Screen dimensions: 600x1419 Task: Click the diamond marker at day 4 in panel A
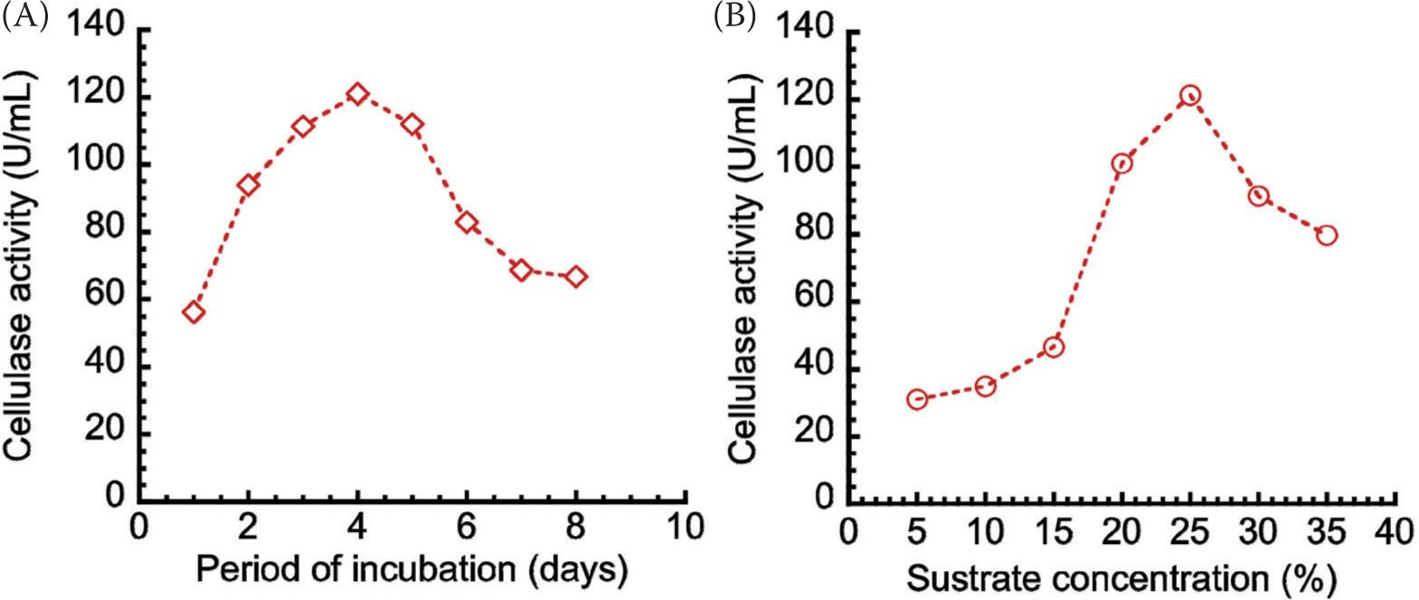(357, 94)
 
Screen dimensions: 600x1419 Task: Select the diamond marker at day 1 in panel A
(194, 312)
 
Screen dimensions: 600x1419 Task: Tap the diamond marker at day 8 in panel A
(576, 276)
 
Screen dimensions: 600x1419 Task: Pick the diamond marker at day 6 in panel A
(467, 223)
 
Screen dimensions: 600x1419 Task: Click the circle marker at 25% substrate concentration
(1190, 95)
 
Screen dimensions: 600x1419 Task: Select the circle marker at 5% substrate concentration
(917, 399)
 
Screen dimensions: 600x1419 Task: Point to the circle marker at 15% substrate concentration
(1054, 347)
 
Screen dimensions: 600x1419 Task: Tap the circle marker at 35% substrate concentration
(1327, 235)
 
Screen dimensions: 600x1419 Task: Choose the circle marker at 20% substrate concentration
(1122, 164)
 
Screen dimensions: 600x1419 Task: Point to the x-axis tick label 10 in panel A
(685, 528)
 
